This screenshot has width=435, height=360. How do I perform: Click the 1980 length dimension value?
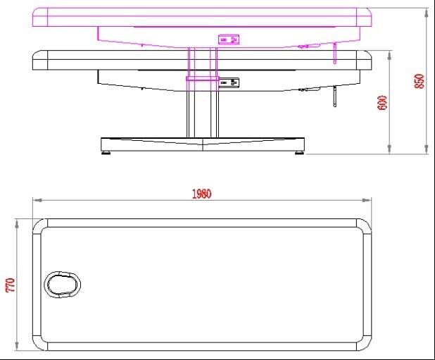(202, 194)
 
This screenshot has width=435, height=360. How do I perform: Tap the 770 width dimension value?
(11, 285)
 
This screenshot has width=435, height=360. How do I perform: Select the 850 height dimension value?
(420, 81)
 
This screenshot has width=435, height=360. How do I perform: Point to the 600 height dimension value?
(382, 103)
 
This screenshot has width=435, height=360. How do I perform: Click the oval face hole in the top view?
(63, 285)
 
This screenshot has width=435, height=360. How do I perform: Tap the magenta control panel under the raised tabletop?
(229, 39)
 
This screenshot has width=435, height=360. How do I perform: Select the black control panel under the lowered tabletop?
(229, 83)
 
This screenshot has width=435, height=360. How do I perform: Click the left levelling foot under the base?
(106, 152)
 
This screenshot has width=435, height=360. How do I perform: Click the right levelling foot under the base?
(299, 152)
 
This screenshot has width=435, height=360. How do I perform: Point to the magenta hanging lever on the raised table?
(335, 54)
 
